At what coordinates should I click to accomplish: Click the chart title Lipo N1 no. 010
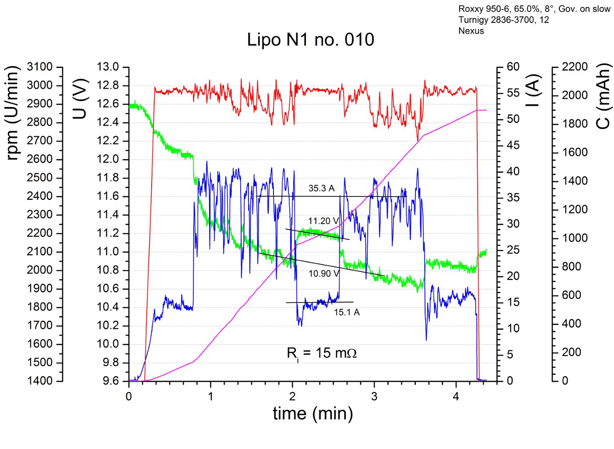(310, 40)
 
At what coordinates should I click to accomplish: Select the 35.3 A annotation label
(321, 189)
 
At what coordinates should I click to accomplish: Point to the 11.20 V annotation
(323, 221)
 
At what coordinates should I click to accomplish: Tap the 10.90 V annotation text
(323, 274)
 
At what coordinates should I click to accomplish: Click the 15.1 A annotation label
(347, 312)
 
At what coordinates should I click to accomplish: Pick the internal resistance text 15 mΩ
(322, 353)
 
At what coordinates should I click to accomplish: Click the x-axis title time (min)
(312, 413)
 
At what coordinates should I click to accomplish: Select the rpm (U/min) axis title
(13, 113)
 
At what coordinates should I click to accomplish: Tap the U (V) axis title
(80, 99)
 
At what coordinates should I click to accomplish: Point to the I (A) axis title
(532, 91)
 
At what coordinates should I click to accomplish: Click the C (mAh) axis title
(604, 96)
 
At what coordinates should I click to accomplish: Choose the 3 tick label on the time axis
(374, 397)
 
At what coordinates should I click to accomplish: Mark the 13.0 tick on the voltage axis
(108, 67)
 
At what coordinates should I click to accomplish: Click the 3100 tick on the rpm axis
(39, 67)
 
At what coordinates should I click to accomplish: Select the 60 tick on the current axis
(513, 67)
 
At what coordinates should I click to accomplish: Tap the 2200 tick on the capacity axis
(575, 67)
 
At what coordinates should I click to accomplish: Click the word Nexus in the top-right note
(471, 31)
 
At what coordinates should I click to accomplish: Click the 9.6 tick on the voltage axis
(110, 381)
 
